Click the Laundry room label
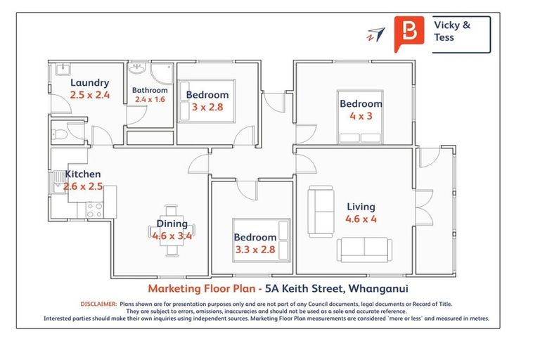tap(89, 82)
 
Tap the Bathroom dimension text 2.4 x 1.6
tap(150, 100)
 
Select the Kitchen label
tap(83, 174)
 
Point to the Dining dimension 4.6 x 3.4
tap(172, 236)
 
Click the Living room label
tap(361, 207)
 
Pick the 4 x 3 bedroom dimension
tap(361, 116)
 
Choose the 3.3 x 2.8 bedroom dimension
tap(255, 249)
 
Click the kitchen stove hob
tap(94, 209)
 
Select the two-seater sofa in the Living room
tap(321, 202)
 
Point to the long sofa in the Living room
tap(364, 248)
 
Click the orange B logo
tap(409, 32)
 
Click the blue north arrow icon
tap(376, 34)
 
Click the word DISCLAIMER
tap(98, 304)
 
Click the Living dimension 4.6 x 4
tap(361, 219)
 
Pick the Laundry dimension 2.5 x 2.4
tap(89, 95)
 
